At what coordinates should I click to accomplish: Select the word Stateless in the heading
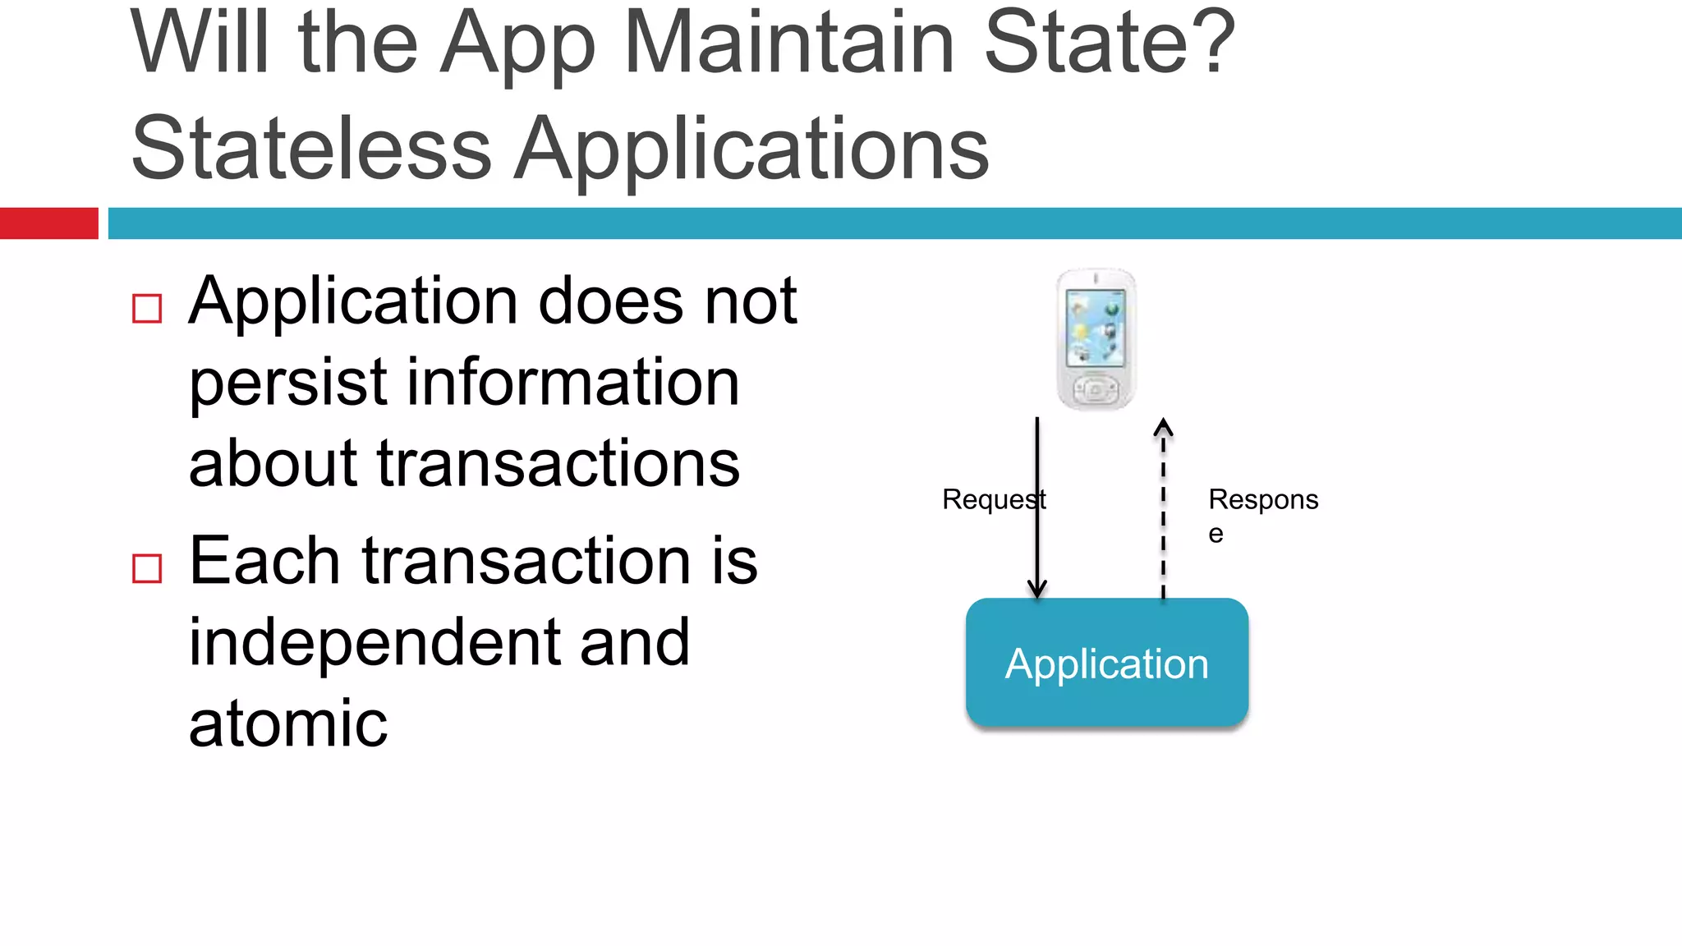[x=311, y=149]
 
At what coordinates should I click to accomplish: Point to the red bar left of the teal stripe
[x=48, y=223]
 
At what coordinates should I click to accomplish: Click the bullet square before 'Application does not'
[x=147, y=309]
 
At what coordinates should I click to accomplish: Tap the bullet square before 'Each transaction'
[x=147, y=568]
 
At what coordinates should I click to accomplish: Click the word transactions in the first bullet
[x=558, y=463]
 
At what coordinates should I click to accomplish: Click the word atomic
[x=288, y=723]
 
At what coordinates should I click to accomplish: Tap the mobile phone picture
[x=1096, y=339]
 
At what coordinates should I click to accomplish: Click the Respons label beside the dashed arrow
[x=1263, y=500]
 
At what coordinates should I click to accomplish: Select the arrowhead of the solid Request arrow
[x=1037, y=590]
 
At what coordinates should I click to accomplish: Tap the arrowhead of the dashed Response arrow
[x=1163, y=427]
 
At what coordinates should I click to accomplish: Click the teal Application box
[x=1107, y=664]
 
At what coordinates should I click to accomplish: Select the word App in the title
[x=517, y=44]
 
